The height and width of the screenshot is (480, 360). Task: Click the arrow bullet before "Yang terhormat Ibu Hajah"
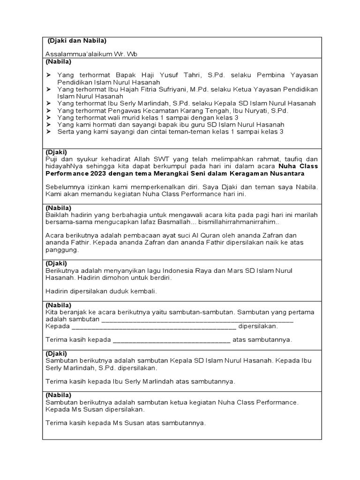[48, 89]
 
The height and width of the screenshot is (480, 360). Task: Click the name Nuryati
[258, 111]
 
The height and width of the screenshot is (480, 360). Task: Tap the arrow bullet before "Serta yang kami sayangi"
[48, 132]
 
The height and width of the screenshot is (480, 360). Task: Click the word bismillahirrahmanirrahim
[239, 222]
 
